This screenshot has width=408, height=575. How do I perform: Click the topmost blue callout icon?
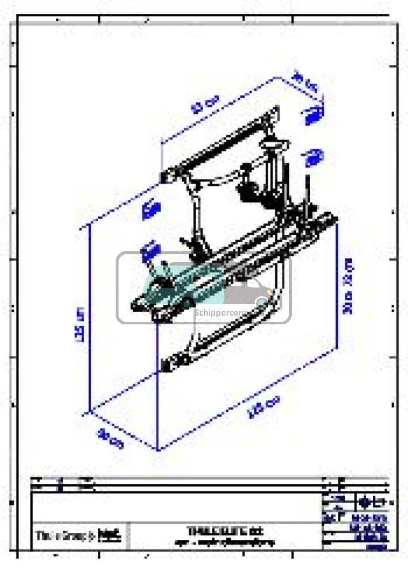point(314,115)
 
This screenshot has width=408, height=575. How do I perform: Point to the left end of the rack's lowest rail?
point(169,363)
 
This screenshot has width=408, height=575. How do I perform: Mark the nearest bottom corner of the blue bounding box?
point(157,449)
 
